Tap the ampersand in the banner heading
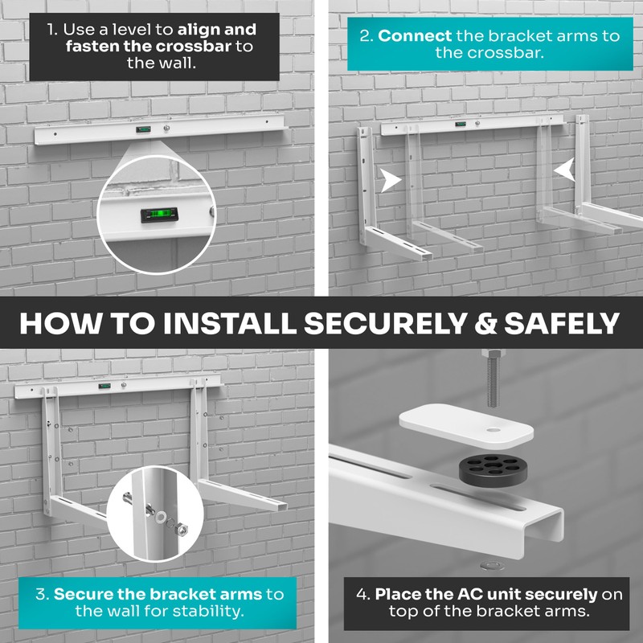pyautogui.click(x=485, y=323)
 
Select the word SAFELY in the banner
pyautogui.click(x=561, y=323)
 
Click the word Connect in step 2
pyautogui.click(x=415, y=36)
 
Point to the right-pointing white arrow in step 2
pyautogui.click(x=391, y=180)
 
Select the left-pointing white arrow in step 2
pyautogui.click(x=565, y=170)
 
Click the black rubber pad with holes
pyautogui.click(x=493, y=469)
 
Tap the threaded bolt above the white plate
pyautogui.click(x=493, y=377)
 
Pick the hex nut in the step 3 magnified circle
pyautogui.click(x=182, y=530)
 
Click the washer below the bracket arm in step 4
pyautogui.click(x=492, y=566)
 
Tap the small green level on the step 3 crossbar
pyautogui.click(x=104, y=386)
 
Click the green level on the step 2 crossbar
pyautogui.click(x=461, y=124)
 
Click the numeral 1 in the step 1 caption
pyautogui.click(x=51, y=29)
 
